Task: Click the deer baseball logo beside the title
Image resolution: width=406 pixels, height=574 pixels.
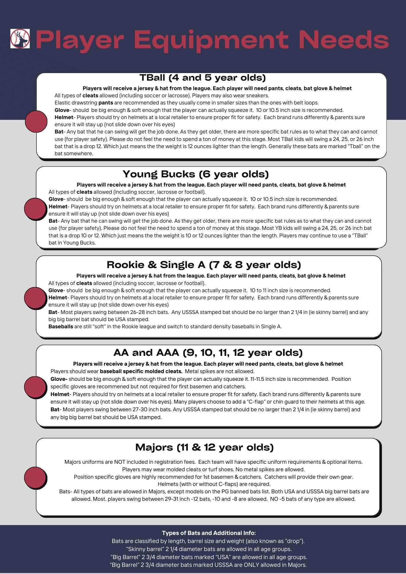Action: [20, 38]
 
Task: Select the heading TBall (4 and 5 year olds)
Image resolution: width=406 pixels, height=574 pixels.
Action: [202, 78]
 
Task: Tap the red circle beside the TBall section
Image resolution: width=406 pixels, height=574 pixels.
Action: [36, 121]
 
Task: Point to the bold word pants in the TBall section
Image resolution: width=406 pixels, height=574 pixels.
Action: [106, 103]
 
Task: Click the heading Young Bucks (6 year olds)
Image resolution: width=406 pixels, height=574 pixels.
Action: [196, 174]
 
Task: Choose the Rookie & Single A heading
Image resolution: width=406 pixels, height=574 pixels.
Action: [204, 265]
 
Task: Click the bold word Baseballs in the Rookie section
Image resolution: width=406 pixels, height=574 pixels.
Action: [61, 327]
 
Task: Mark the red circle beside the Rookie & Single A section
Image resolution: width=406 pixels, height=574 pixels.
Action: [35, 298]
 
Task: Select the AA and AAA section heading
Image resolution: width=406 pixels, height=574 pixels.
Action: [208, 352]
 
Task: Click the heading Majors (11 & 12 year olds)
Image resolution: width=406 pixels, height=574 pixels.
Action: [204, 447]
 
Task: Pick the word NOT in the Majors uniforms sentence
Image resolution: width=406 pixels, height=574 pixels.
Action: [120, 462]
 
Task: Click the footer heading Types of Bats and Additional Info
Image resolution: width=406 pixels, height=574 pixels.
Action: [209, 533]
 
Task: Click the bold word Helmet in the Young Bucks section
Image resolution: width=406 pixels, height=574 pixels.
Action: [58, 207]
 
